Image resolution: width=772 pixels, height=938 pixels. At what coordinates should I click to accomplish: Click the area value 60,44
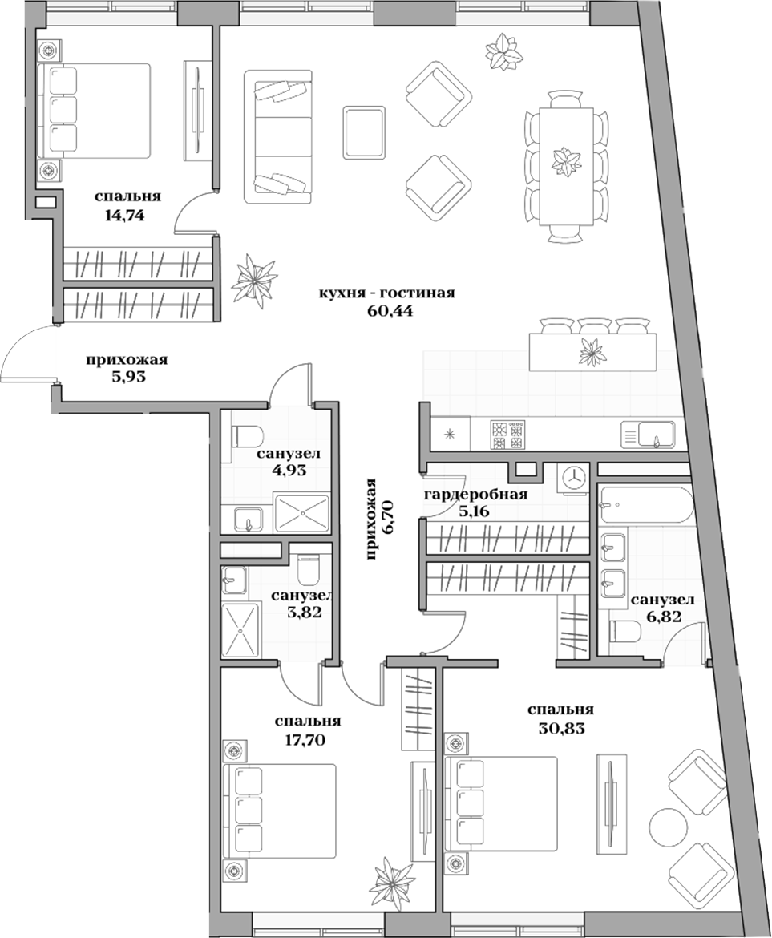click(389, 311)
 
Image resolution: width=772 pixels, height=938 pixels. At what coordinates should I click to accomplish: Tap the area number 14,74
click(123, 214)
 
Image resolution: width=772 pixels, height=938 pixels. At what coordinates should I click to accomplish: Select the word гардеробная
click(475, 493)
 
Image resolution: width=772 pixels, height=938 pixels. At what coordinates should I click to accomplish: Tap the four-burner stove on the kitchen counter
click(507, 435)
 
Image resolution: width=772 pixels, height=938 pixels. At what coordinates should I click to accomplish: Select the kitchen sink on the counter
click(649, 435)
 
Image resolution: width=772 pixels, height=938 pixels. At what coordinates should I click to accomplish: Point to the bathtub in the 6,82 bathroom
click(644, 504)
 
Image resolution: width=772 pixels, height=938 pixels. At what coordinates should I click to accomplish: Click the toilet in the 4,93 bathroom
click(247, 436)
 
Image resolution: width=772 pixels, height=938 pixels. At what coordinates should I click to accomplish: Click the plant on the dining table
click(566, 160)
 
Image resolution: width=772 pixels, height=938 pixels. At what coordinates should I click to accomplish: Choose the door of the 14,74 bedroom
click(195, 212)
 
